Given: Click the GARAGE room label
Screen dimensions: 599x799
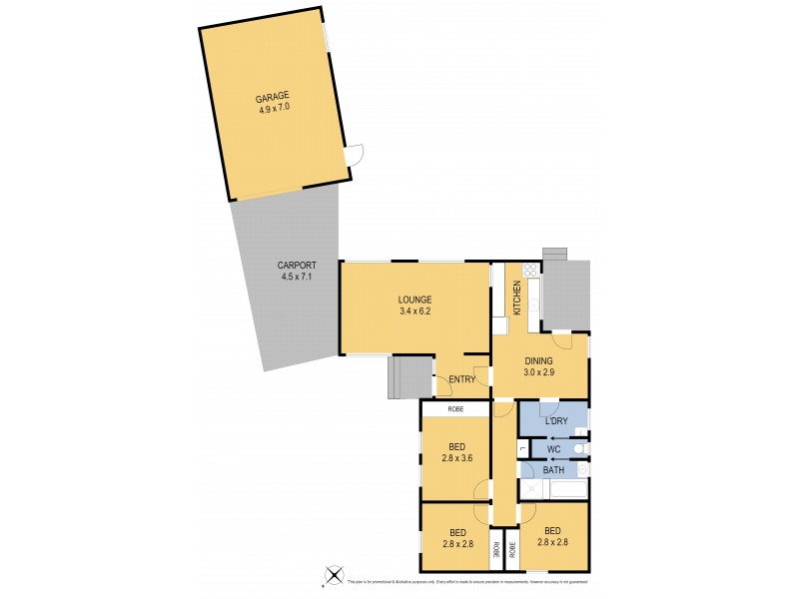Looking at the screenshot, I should (x=272, y=97).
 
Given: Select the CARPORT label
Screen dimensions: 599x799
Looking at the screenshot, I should (x=296, y=266).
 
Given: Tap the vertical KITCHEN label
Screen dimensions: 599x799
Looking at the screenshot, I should (x=517, y=299).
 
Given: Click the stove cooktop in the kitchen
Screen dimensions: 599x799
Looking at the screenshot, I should (x=530, y=269).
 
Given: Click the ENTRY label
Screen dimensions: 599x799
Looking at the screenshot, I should (x=461, y=379).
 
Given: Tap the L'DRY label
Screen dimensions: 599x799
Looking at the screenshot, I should (x=557, y=421).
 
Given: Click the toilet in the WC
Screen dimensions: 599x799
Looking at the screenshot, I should (x=580, y=448).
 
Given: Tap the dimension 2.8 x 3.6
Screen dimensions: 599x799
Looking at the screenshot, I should (x=454, y=460).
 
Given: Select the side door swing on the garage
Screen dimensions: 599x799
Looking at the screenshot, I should (x=356, y=155).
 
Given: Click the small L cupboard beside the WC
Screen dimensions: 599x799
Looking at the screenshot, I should (x=522, y=450).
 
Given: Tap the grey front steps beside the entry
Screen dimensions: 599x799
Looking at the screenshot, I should (x=405, y=376).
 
